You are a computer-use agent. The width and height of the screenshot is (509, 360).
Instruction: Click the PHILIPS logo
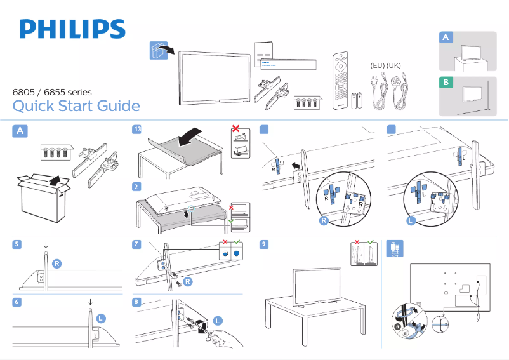tap(72, 29)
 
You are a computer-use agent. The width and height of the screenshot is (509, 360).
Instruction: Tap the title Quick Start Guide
tap(76, 105)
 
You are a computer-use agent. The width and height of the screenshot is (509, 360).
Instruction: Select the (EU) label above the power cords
tap(377, 66)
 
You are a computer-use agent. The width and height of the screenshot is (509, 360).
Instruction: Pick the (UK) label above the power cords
tap(393, 66)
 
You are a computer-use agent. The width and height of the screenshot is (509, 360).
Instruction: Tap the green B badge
tap(447, 83)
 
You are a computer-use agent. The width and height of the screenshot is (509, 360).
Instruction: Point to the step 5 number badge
tap(17, 244)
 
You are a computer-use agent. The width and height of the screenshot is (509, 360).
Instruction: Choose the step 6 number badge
tap(17, 302)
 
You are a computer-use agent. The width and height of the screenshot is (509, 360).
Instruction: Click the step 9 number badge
tap(263, 244)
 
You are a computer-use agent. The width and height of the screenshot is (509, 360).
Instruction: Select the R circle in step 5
tap(57, 263)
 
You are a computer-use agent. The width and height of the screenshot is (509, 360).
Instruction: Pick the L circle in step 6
tap(101, 317)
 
